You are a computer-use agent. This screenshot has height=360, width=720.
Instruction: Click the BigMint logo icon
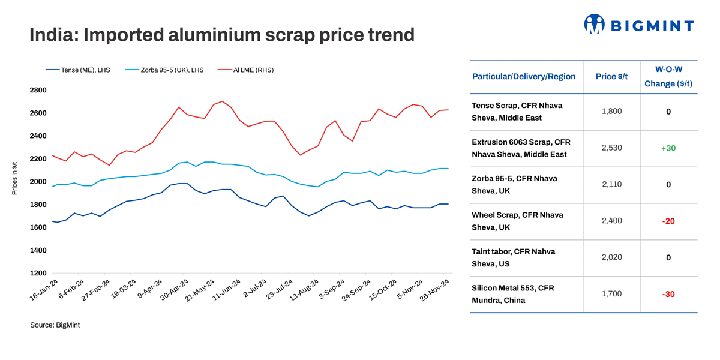click(594, 24)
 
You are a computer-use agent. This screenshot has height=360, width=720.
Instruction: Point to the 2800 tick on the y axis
click(38, 90)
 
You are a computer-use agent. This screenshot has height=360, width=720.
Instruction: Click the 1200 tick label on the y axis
click(38, 273)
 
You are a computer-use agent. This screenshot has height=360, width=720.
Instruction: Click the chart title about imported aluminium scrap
click(222, 35)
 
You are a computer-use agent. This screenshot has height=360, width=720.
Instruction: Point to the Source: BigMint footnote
click(55, 325)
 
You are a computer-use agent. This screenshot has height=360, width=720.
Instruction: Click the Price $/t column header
click(611, 76)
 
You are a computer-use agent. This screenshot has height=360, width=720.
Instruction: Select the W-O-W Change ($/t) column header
click(668, 76)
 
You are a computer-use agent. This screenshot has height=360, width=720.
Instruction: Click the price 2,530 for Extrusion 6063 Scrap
click(611, 148)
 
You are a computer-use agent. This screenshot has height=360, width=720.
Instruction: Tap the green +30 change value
click(668, 148)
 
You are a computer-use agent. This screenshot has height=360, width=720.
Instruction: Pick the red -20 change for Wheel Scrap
click(668, 221)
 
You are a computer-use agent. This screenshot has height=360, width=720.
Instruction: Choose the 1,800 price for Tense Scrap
click(611, 111)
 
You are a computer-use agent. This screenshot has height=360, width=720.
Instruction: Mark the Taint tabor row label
click(502, 257)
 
